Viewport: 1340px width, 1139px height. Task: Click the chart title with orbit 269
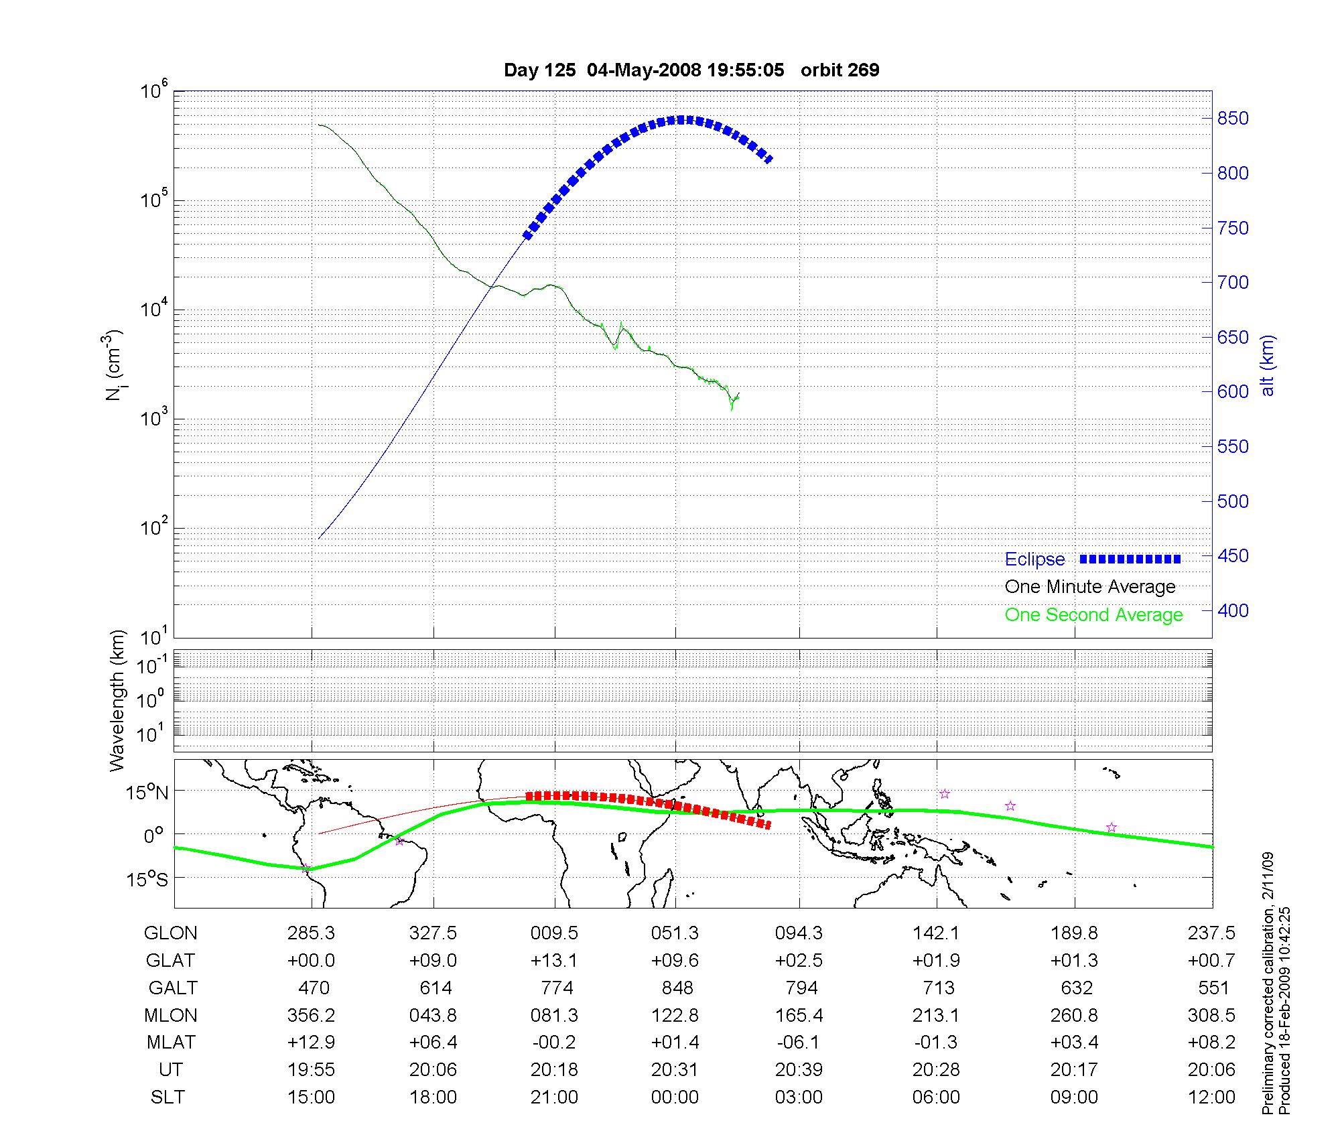[691, 70]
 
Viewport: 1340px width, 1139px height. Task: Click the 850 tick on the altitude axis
[1233, 119]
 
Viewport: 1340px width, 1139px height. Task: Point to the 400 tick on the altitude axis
[1233, 610]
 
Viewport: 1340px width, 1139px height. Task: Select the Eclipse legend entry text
[1034, 559]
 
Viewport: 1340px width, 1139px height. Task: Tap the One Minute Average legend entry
[1090, 587]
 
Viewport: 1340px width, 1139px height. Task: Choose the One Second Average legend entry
[1093, 615]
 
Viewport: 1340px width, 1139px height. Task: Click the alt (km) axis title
[1268, 365]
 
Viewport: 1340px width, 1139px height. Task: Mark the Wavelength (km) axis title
[117, 700]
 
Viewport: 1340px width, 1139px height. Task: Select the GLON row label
[171, 933]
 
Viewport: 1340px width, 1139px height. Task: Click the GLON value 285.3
[312, 933]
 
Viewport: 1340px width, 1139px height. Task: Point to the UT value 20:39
[799, 1070]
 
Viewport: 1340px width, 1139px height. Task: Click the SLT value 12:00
[1211, 1097]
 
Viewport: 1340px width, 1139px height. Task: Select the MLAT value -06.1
[799, 1043]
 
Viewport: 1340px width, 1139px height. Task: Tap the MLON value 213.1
[936, 1016]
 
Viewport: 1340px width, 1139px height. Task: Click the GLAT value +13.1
[554, 961]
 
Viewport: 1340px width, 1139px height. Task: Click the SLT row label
[167, 1097]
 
